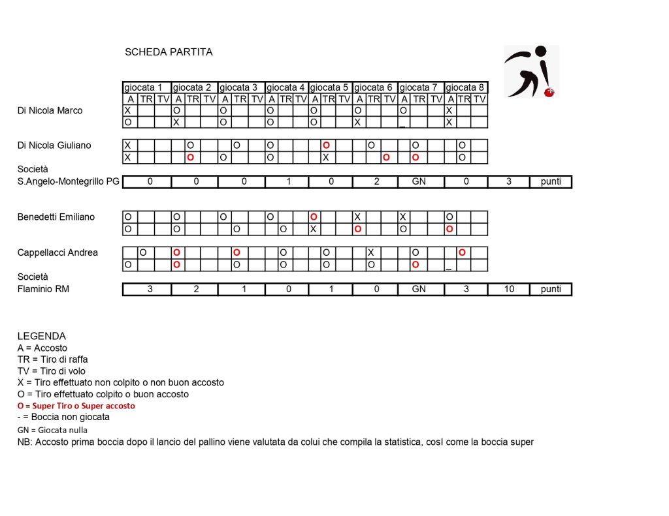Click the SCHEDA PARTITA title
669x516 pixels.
pyautogui.click(x=169, y=52)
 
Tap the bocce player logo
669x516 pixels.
pyautogui.click(x=530, y=71)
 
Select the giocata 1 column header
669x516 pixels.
pyautogui.click(x=147, y=87)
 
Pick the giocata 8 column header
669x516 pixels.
pyautogui.click(x=466, y=87)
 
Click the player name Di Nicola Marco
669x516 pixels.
pyautogui.click(x=50, y=111)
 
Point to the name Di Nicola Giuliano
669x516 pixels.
pyautogui.click(x=54, y=145)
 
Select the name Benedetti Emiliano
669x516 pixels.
pyautogui.click(x=56, y=217)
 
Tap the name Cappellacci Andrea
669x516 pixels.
pyautogui.click(x=57, y=252)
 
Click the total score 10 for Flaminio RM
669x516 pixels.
pyautogui.click(x=508, y=289)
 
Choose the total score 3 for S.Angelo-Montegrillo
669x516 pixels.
pyautogui.click(x=508, y=181)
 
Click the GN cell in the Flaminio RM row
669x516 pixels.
pyautogui.click(x=419, y=289)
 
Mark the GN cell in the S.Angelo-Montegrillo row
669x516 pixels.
pyautogui.click(x=419, y=181)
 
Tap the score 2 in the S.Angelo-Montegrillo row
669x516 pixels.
pyautogui.click(x=376, y=181)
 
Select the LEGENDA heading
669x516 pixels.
pyautogui.click(x=42, y=336)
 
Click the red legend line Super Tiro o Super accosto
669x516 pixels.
pyautogui.click(x=76, y=406)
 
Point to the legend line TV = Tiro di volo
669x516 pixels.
pyautogui.click(x=53, y=371)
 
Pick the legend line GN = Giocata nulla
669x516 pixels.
pyautogui.click(x=52, y=430)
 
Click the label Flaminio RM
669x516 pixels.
pyautogui.click(x=43, y=288)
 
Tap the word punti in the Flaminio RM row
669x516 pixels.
pyautogui.click(x=551, y=289)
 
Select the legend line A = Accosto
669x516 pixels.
pyautogui.click(x=42, y=348)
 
